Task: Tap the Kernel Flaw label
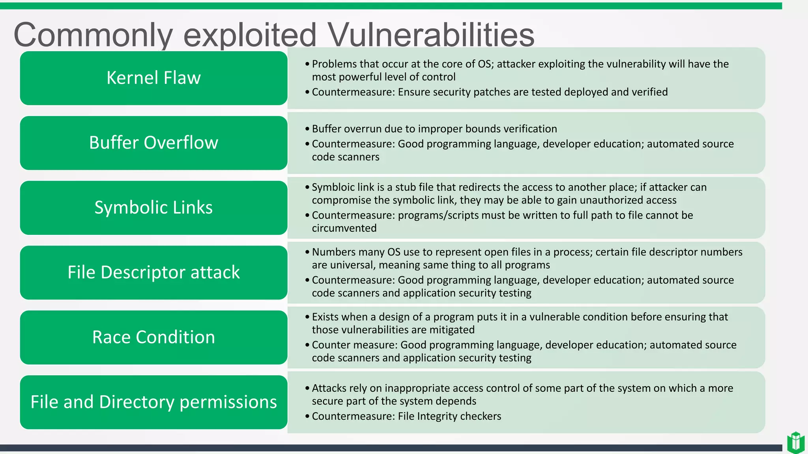point(153,78)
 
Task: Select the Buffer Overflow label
point(153,143)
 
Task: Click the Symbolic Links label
point(153,207)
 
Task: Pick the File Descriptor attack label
point(153,272)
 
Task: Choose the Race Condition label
point(153,337)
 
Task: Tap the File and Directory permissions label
point(153,402)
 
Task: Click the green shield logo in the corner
point(795,442)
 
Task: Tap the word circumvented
point(344,228)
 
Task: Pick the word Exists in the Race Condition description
point(326,317)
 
